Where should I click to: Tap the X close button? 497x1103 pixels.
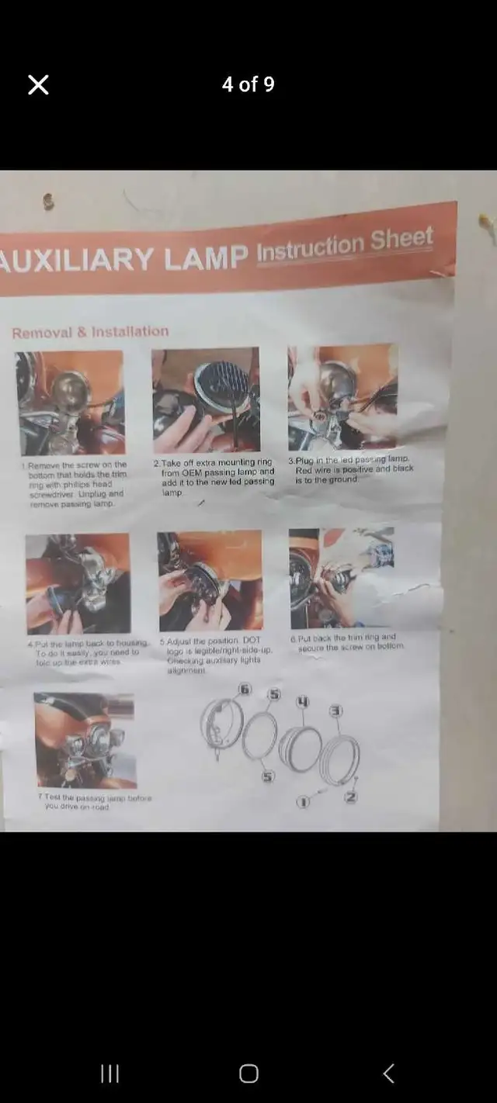click(x=38, y=85)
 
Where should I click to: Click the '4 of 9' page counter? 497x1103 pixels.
click(x=248, y=85)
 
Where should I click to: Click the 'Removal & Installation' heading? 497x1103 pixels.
click(x=90, y=332)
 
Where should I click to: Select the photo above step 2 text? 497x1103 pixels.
click(x=206, y=399)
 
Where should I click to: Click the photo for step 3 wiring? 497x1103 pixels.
click(x=342, y=396)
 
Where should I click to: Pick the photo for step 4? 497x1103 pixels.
click(x=78, y=583)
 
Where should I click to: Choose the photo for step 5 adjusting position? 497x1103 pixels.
click(x=210, y=580)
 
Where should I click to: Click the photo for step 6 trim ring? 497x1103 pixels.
click(x=342, y=578)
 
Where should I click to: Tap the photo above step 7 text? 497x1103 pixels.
click(x=85, y=740)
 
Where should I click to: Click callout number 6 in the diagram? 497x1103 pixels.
click(x=245, y=689)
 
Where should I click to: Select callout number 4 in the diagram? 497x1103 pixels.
click(x=303, y=702)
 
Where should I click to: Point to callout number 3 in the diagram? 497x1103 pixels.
click(x=335, y=711)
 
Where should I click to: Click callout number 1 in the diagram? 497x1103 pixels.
click(x=303, y=801)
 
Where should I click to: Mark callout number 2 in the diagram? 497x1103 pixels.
click(x=351, y=797)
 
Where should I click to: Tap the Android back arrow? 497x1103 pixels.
click(x=389, y=1073)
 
